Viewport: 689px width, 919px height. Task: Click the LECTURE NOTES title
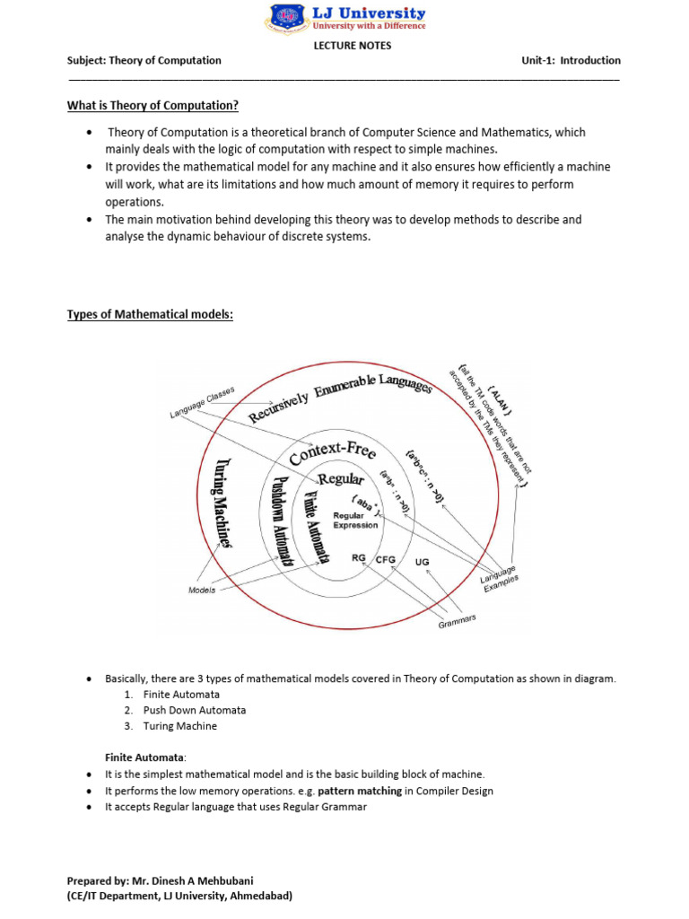click(x=352, y=46)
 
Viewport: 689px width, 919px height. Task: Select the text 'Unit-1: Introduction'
click(x=571, y=61)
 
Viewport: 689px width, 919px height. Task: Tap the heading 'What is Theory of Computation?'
click(x=153, y=106)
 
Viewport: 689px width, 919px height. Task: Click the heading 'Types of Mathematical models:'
click(x=150, y=315)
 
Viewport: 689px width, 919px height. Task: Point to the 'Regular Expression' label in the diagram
click(x=355, y=521)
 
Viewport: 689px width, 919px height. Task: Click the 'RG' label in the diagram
click(x=359, y=558)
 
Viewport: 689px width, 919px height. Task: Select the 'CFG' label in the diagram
click(x=385, y=560)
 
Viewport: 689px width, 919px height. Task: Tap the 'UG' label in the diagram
click(x=423, y=562)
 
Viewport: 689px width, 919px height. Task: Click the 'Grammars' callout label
click(x=458, y=620)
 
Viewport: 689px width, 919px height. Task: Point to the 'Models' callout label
click(x=202, y=591)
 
